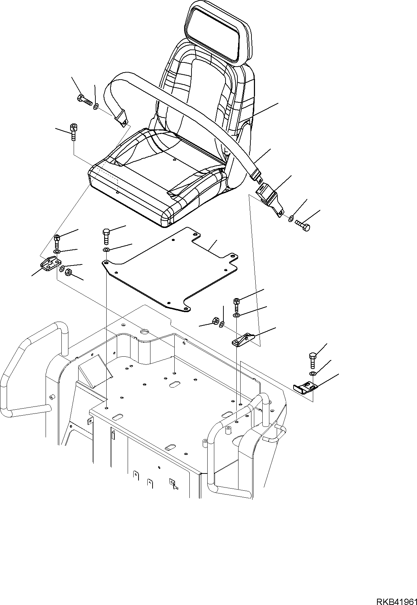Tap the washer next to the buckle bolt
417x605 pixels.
291,219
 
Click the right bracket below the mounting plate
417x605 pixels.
242,340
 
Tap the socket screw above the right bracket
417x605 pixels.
237,304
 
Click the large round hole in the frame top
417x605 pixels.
144,331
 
